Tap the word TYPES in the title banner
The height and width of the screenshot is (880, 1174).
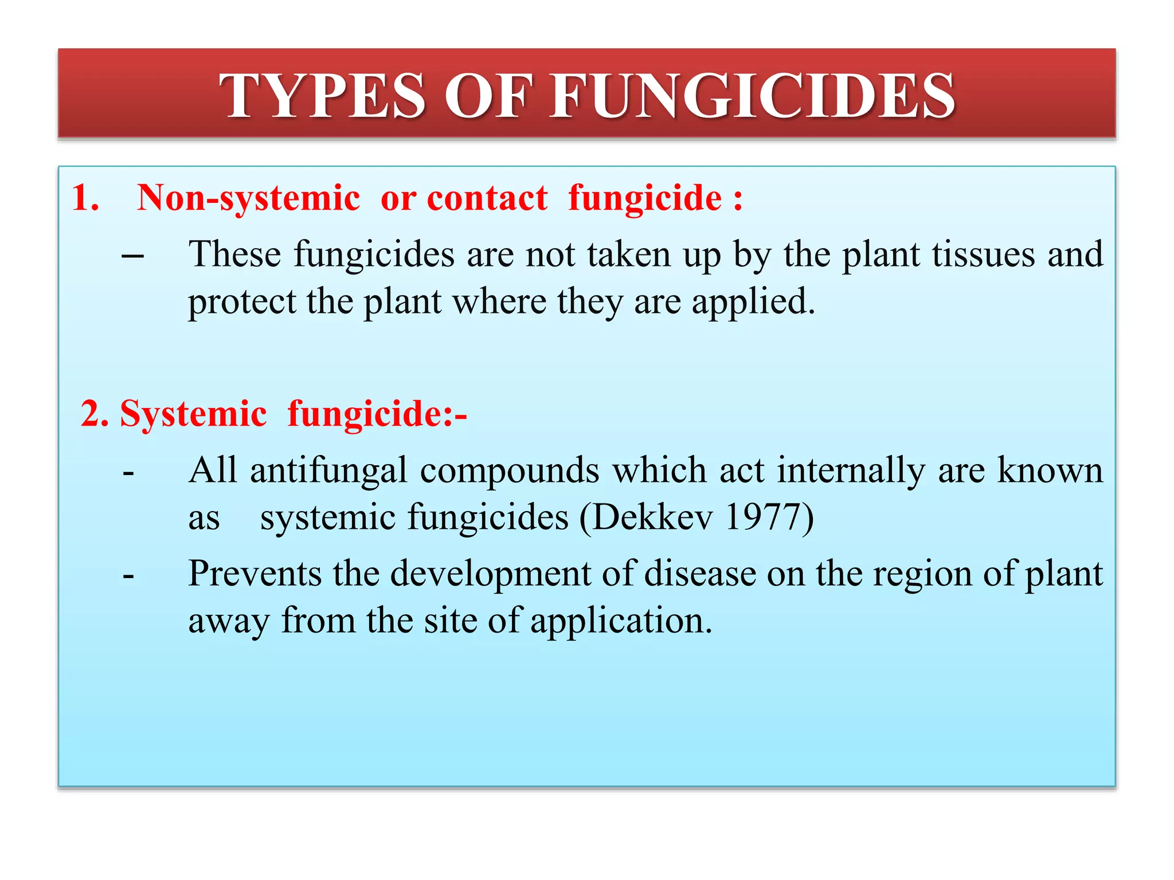click(x=322, y=96)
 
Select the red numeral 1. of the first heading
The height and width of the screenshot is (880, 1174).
click(x=85, y=198)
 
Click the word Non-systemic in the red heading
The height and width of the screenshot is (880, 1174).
click(x=248, y=198)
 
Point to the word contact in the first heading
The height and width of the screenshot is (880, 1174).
click(x=487, y=198)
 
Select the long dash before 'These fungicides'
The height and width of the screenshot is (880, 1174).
click(x=132, y=256)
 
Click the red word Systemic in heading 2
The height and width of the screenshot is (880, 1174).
click(x=193, y=414)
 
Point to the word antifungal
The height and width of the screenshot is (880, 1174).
click(x=329, y=470)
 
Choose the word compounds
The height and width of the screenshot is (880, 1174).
click(x=510, y=472)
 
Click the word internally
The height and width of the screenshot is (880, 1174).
click(x=851, y=470)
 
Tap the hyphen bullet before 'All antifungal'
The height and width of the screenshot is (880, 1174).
click(x=128, y=473)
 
